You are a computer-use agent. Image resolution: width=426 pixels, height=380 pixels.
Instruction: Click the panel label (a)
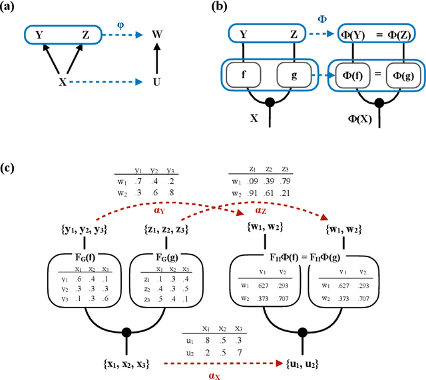[x=10, y=8]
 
